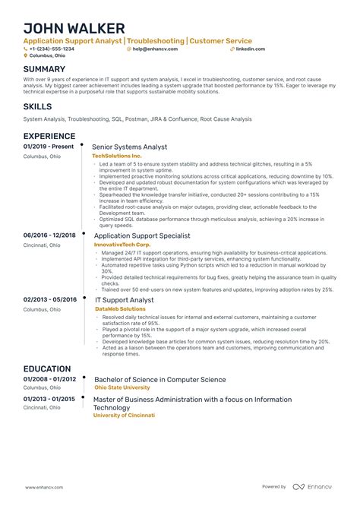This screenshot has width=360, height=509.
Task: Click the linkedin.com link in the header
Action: click(x=251, y=48)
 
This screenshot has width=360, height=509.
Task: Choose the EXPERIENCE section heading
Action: click(x=53, y=135)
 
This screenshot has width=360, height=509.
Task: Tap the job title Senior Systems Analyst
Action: click(x=129, y=147)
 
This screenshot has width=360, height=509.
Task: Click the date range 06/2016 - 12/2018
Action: click(x=50, y=235)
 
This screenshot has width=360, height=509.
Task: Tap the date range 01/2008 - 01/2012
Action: click(x=50, y=378)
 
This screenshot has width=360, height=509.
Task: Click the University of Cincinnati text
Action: click(x=124, y=416)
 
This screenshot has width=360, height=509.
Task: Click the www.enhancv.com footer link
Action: click(x=45, y=487)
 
